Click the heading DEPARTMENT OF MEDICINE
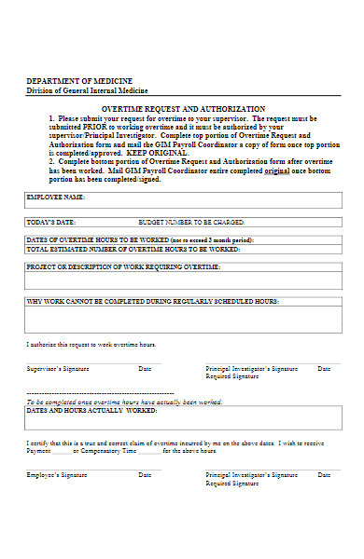78,82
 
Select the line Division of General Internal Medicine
87,91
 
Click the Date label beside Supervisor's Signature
145,369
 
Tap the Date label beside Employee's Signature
145,475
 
